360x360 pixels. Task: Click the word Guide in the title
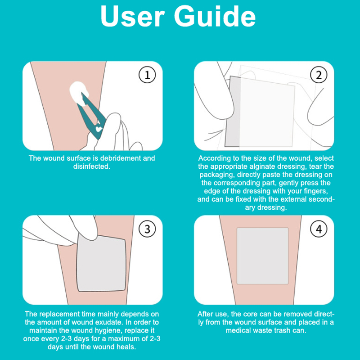[x=215, y=16]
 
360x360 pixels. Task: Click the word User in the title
[x=132, y=16]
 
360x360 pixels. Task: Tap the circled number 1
[x=147, y=75]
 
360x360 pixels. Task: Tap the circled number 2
[x=319, y=75]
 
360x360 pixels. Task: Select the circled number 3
[x=147, y=229]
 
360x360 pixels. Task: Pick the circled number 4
[x=319, y=229]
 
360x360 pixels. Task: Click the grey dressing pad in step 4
[x=262, y=256]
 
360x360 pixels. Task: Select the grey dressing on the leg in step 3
[x=101, y=264]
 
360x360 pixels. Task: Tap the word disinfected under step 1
[x=92, y=166]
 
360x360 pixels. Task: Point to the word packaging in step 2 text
[x=217, y=175]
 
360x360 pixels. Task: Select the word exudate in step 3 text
[x=110, y=322]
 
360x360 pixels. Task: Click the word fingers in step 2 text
[x=316, y=191]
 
